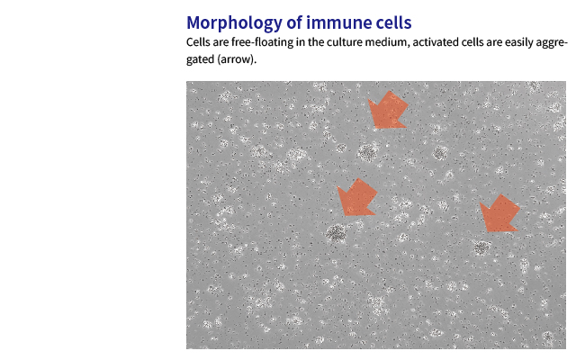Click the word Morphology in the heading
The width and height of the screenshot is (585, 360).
[235, 23]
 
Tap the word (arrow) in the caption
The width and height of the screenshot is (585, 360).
[237, 59]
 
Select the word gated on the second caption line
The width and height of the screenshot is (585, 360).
[201, 59]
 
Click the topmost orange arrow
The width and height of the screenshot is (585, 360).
[388, 110]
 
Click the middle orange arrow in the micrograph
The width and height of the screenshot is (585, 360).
[357, 197]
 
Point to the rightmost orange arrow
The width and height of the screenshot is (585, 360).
[499, 213]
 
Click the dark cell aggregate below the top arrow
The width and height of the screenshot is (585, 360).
[368, 152]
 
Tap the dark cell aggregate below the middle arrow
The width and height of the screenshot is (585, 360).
[337, 233]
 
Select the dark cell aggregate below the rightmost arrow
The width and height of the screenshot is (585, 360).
[481, 247]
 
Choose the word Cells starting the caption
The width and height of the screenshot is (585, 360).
[198, 42]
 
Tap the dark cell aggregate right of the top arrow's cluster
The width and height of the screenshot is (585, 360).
[440, 153]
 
